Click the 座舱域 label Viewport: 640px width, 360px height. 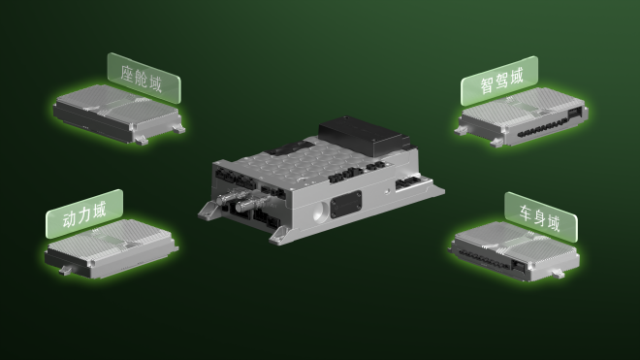coord(144,78)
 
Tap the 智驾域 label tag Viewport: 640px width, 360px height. coord(499,81)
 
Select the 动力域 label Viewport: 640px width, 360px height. coord(84,213)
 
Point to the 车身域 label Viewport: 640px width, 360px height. coord(541,217)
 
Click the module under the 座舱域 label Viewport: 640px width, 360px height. coord(118,115)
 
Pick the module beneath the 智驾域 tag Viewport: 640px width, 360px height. coord(523,117)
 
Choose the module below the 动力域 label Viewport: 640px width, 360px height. coord(111,249)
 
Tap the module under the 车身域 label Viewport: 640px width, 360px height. coord(515,251)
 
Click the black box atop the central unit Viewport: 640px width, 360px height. coord(364,136)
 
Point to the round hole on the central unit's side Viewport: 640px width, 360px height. coord(320,212)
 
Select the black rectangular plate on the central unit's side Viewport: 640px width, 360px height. coord(346,205)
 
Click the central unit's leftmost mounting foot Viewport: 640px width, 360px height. coord(209,211)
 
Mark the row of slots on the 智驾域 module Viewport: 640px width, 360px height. coord(541,128)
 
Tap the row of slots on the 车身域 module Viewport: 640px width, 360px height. coord(483,259)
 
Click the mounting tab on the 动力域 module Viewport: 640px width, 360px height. coord(66,270)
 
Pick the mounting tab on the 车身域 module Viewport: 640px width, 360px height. coord(559,274)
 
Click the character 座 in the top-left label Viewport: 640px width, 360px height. coord(128,73)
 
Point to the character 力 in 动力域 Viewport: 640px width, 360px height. coord(84,214)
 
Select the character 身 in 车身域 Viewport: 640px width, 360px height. coord(539,217)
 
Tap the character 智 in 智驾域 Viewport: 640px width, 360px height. coord(487,85)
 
